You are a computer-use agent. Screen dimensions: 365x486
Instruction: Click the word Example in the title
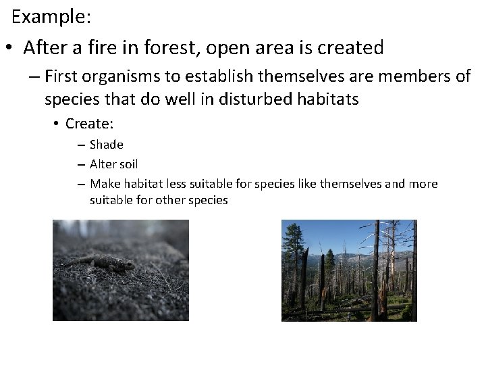point(49,17)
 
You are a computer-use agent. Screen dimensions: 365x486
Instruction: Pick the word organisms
point(132,76)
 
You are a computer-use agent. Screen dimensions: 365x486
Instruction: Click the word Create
point(88,124)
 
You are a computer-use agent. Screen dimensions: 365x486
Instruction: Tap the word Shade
point(106,144)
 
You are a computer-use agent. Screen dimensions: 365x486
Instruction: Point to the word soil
point(128,164)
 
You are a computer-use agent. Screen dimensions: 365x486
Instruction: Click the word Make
point(103,184)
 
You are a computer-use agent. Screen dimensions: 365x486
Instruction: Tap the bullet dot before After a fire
point(8,49)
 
